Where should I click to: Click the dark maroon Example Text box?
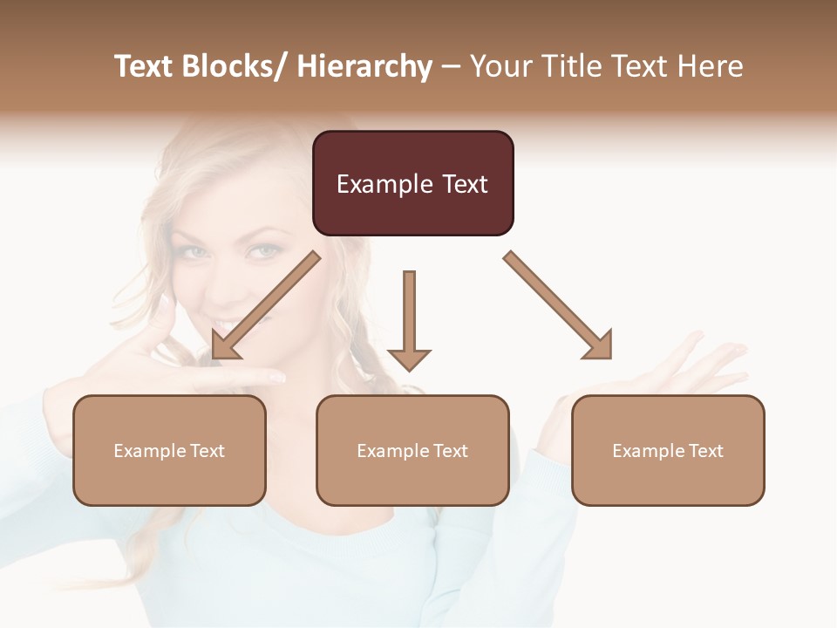[x=412, y=183]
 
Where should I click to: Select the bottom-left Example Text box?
[x=169, y=450]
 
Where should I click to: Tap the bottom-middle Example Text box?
[x=412, y=450]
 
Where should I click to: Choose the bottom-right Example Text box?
[x=668, y=450]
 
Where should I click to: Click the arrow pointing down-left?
[x=265, y=305]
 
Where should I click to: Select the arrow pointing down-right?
[x=558, y=305]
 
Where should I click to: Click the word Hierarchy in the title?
[x=364, y=66]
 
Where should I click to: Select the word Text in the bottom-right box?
[x=706, y=450]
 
